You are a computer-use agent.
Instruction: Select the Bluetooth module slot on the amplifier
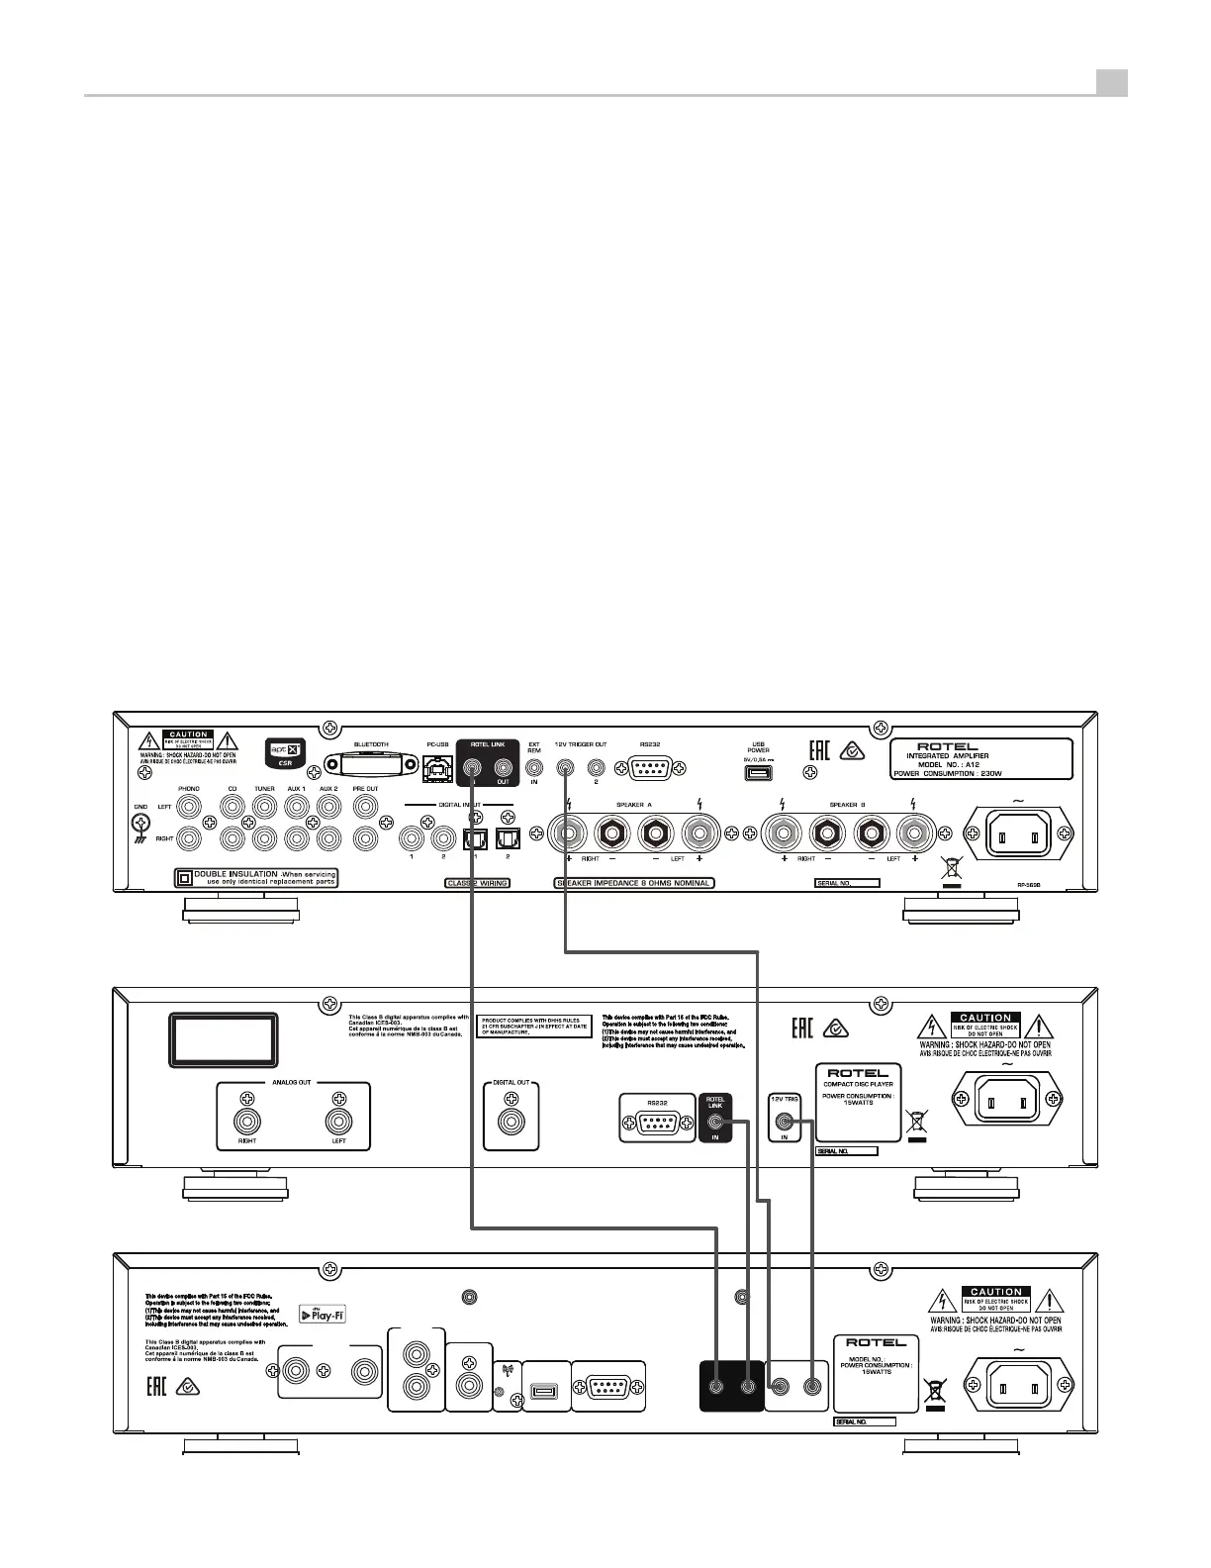371,767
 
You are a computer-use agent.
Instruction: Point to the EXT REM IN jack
535,766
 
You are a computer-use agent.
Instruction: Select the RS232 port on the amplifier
650,768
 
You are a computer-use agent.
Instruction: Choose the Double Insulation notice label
256,878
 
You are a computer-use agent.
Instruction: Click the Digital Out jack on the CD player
512,1123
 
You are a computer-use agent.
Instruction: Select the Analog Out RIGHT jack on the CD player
246,1122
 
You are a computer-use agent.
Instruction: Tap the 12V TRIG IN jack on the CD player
786,1123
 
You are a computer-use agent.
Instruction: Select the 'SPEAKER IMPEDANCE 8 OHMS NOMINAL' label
634,883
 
